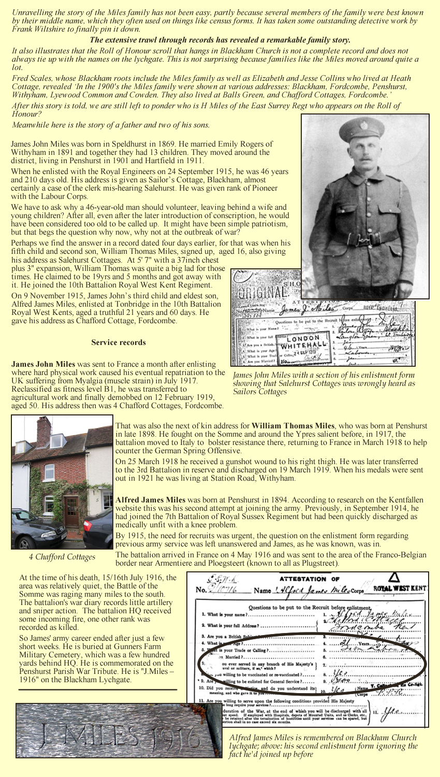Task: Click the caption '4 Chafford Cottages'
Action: (x=62, y=557)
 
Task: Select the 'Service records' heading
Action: (x=119, y=342)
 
